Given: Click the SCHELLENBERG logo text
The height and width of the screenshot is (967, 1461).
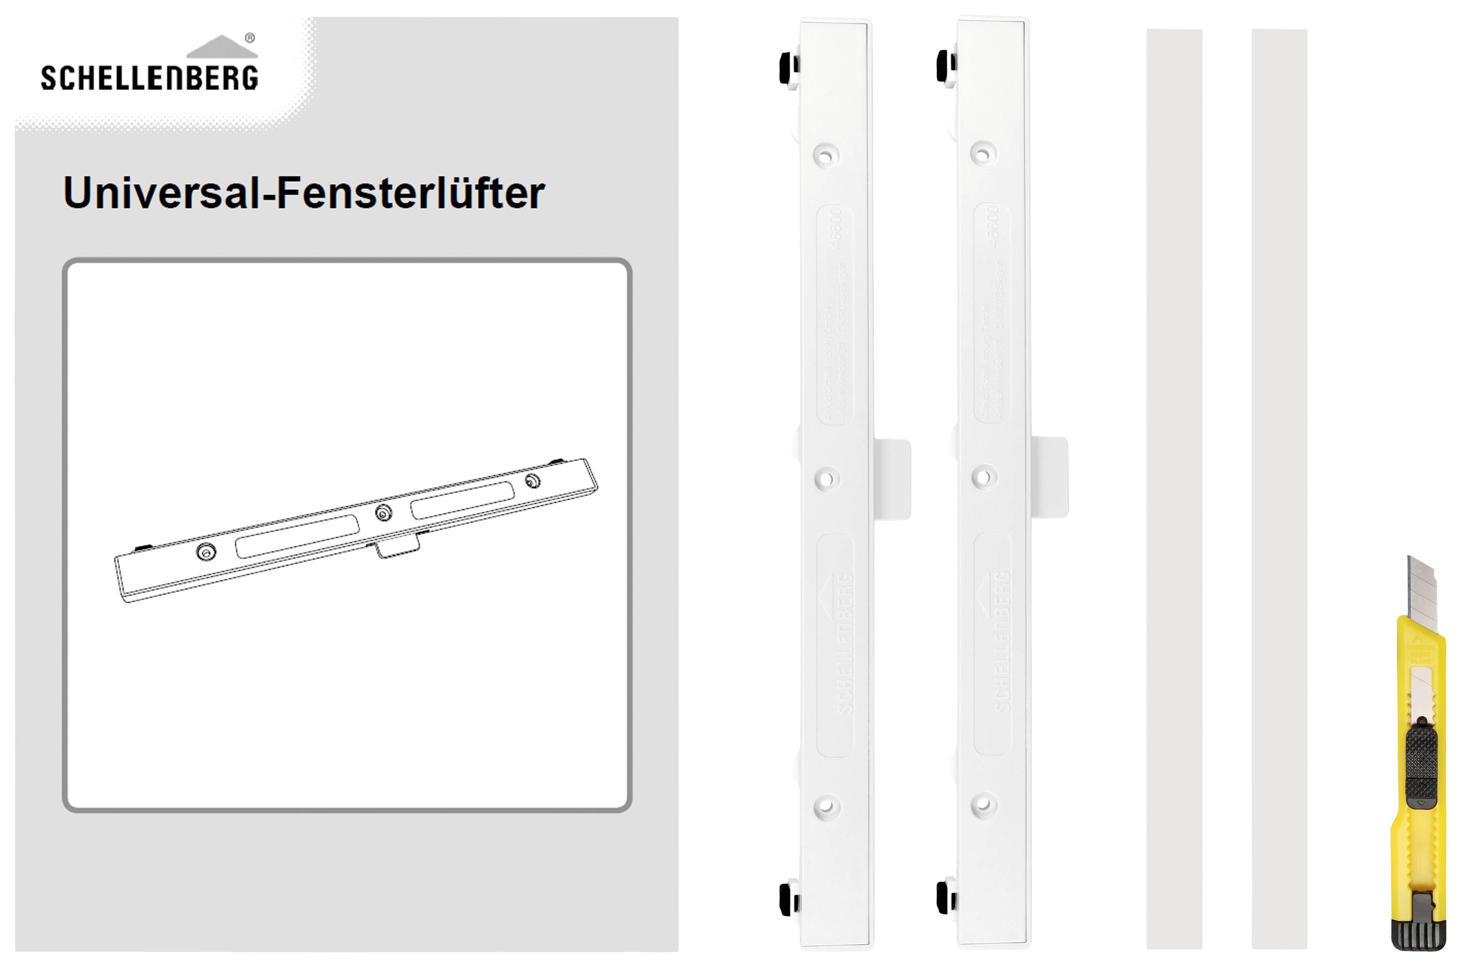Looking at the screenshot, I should pos(150,78).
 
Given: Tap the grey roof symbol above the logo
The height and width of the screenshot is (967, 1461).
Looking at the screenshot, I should pos(222,48).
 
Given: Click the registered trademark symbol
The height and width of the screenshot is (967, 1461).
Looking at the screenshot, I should pos(250,37).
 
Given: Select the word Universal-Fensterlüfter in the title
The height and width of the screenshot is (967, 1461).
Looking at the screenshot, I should pos(303,193).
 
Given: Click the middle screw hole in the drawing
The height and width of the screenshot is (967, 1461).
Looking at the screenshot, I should pos(384,512).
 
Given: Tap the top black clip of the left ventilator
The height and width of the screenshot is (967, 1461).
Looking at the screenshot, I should pos(788,67).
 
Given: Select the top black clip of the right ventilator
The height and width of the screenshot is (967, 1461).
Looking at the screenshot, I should pos(945,66).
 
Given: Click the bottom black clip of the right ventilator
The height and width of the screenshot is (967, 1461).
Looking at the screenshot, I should pos(945,897).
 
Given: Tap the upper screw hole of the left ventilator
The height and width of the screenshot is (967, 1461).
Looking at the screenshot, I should pos(827,155).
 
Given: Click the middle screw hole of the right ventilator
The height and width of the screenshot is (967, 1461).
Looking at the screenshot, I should pos(984,477).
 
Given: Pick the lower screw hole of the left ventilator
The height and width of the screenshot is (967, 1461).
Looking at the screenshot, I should pos(827,806).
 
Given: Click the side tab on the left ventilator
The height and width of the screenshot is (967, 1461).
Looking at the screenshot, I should pos(893,479).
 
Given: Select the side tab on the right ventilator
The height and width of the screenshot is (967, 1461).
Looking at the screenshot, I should pos(1050,477).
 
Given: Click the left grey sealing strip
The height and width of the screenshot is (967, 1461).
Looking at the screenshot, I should pos(1174,487).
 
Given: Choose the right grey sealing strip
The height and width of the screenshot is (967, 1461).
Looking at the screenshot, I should pos(1279,487).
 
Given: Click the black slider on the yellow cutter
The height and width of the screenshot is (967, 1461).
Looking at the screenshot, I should pos(1421,768).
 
